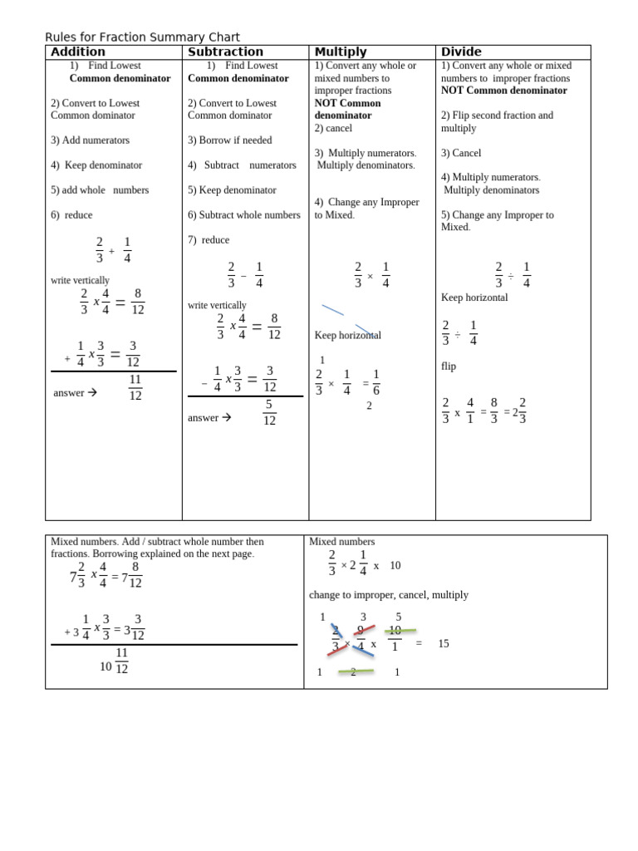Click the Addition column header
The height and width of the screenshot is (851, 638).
[x=78, y=52]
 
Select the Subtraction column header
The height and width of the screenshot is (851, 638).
[x=226, y=52]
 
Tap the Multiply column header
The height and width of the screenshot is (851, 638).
[x=341, y=52]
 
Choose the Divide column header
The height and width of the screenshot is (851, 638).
[x=461, y=52]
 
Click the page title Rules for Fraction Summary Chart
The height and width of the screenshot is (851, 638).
[x=142, y=37]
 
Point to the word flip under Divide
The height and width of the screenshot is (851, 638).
[x=449, y=366]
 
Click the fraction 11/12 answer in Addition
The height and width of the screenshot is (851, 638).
[x=135, y=387]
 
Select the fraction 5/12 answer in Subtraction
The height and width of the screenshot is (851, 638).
[x=269, y=412]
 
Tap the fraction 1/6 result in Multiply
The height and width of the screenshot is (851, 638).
[x=375, y=382]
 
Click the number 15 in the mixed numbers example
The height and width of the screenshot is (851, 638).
[x=444, y=643]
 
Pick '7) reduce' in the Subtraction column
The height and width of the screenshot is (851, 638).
[x=209, y=240]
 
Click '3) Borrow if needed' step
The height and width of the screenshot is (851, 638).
[x=230, y=140]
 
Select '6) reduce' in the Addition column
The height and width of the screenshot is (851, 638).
[x=71, y=215]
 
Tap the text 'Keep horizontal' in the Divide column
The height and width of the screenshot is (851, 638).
[x=474, y=298]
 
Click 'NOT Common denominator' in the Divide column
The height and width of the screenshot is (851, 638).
[x=504, y=91]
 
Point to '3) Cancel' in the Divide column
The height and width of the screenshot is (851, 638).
[x=461, y=153]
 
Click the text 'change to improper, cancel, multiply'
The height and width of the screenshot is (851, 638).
[x=389, y=595]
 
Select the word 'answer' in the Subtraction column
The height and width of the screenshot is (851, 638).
[x=204, y=418]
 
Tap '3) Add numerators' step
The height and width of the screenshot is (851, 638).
[x=90, y=140]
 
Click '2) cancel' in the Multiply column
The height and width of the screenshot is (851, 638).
[x=333, y=128]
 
